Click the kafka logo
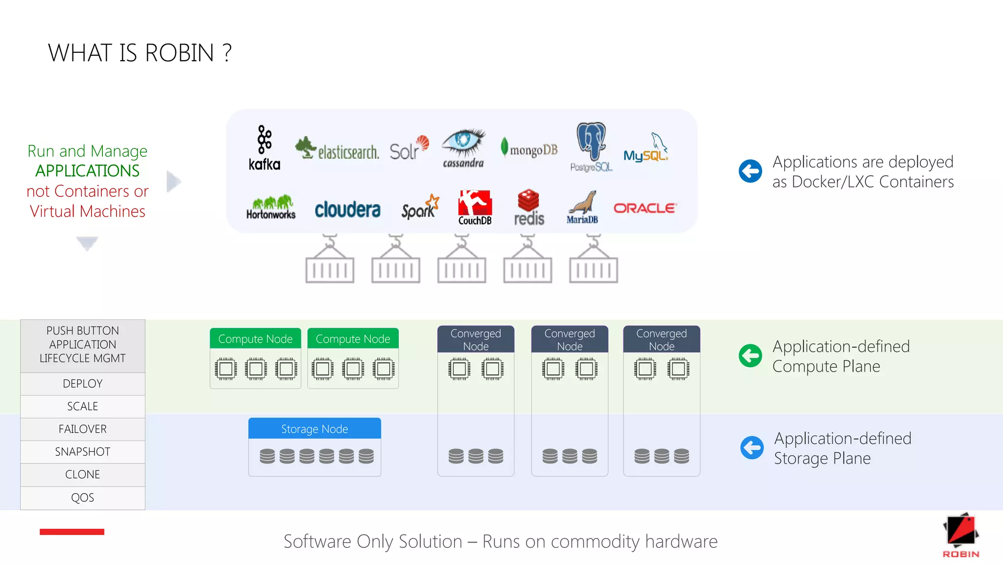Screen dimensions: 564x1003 (x=264, y=147)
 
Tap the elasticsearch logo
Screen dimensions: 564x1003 (x=337, y=149)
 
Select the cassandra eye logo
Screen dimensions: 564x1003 (x=463, y=148)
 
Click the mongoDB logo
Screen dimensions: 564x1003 (x=529, y=148)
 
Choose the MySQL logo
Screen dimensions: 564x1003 (x=645, y=148)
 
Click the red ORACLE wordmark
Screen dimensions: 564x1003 (x=645, y=208)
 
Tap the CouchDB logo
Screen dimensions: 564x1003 (x=475, y=207)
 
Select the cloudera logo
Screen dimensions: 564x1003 (x=347, y=210)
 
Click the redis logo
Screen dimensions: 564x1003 (x=529, y=208)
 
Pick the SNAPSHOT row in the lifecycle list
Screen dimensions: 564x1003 (x=83, y=452)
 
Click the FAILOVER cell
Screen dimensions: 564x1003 (x=83, y=429)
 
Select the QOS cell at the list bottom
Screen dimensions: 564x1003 (x=83, y=498)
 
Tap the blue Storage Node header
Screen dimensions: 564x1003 (x=314, y=429)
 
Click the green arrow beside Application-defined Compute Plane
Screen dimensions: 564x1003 (x=750, y=355)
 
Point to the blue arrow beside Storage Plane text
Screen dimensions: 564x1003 (x=752, y=447)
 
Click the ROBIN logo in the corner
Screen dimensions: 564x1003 (x=960, y=535)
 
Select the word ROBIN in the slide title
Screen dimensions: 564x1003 (x=179, y=53)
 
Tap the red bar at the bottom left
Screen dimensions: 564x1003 (x=72, y=532)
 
